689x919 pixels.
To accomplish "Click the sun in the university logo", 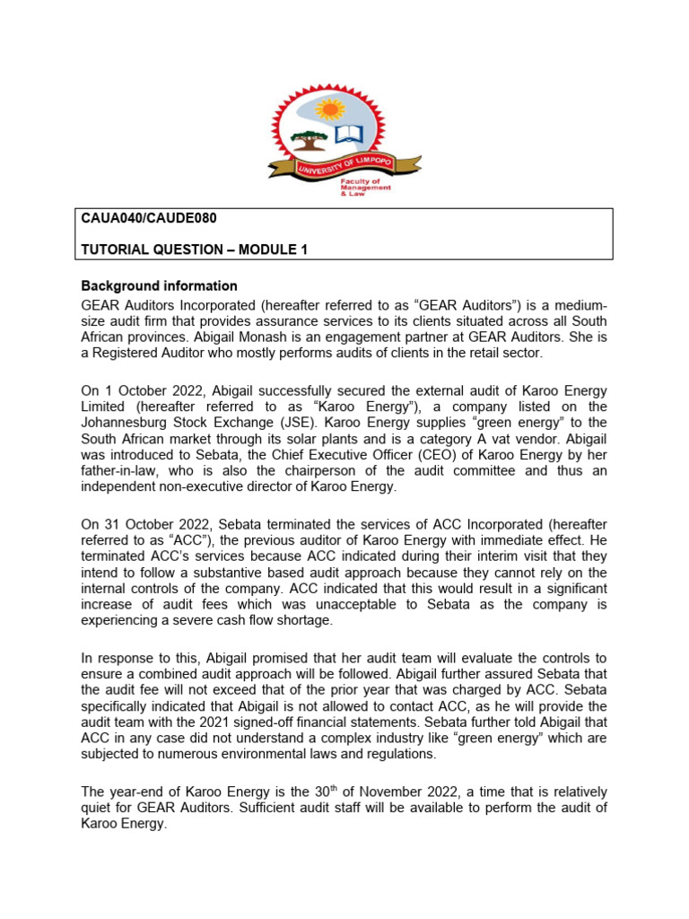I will (x=330, y=109).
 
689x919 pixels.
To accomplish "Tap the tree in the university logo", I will (x=310, y=140).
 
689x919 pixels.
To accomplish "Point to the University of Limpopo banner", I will (x=344, y=165).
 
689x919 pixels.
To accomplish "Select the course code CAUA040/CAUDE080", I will (x=149, y=218).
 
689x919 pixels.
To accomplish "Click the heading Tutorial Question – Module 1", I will (x=195, y=249).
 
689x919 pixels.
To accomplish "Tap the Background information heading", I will (x=160, y=286).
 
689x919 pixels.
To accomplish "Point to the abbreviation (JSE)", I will (x=302, y=422).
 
